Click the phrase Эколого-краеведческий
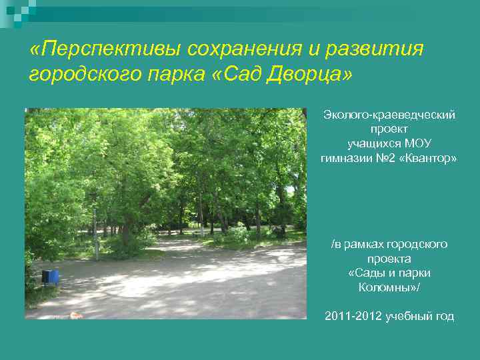click(389, 115)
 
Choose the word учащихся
click(374, 143)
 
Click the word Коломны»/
click(389, 287)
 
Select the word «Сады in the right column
click(365, 273)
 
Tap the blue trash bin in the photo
click(50, 275)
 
